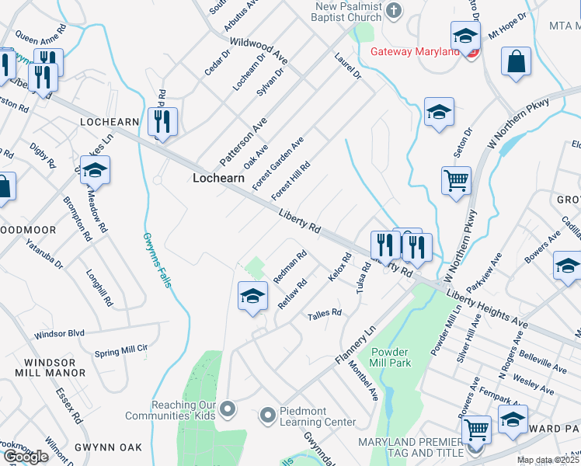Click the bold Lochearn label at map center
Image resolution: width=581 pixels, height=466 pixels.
(218, 178)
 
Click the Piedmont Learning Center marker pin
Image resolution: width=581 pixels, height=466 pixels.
(267, 415)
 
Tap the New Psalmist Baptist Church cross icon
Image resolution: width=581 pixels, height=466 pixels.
(394, 11)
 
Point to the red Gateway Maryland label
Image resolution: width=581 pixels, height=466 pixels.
(415, 51)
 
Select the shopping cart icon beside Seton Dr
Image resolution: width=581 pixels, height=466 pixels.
(456, 181)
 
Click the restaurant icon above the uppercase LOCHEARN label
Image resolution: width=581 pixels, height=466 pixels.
(162, 121)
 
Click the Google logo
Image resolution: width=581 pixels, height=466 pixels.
(26, 457)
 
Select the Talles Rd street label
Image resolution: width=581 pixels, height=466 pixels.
(325, 313)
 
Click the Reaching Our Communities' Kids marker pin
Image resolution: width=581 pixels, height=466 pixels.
(228, 408)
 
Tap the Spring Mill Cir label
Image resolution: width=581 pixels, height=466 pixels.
(120, 350)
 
